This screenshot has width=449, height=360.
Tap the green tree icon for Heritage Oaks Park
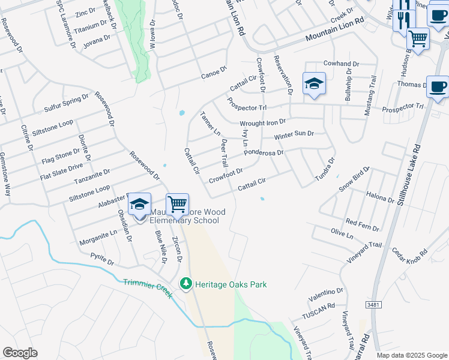[x=186, y=283]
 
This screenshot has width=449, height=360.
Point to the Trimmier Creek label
[x=148, y=288]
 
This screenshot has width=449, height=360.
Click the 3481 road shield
[x=373, y=305]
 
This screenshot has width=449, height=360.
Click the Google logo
[x=20, y=353]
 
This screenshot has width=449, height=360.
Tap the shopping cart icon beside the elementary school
[x=177, y=205]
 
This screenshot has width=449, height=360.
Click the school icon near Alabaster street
[x=139, y=204]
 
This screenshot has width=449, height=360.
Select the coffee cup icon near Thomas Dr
[x=438, y=87]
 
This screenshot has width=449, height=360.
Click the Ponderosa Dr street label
[x=264, y=152]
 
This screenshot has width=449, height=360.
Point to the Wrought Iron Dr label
[x=263, y=123]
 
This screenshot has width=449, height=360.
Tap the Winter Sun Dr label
[x=294, y=136]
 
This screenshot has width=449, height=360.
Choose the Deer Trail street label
[x=224, y=153]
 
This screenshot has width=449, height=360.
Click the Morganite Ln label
[x=98, y=238]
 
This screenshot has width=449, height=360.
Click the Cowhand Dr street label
[x=341, y=64]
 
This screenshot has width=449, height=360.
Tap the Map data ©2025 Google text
[x=411, y=355]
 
